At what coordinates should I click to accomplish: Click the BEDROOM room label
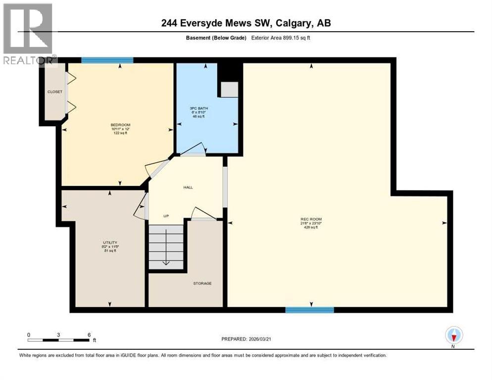[117, 125]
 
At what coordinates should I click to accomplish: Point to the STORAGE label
[202, 284]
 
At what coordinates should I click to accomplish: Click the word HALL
[188, 188]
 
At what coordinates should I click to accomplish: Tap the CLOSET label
[54, 92]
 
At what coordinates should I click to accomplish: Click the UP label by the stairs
[166, 216]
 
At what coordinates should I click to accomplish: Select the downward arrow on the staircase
[167, 262]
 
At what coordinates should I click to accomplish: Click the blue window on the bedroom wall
[107, 60]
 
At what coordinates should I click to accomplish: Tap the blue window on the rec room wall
[309, 310]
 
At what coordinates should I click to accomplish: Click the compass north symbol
[453, 336]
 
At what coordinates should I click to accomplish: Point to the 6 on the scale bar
[89, 335]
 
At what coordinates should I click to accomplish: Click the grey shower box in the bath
[229, 90]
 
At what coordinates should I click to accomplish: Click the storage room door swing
[203, 213]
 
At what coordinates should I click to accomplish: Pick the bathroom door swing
[193, 149]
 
